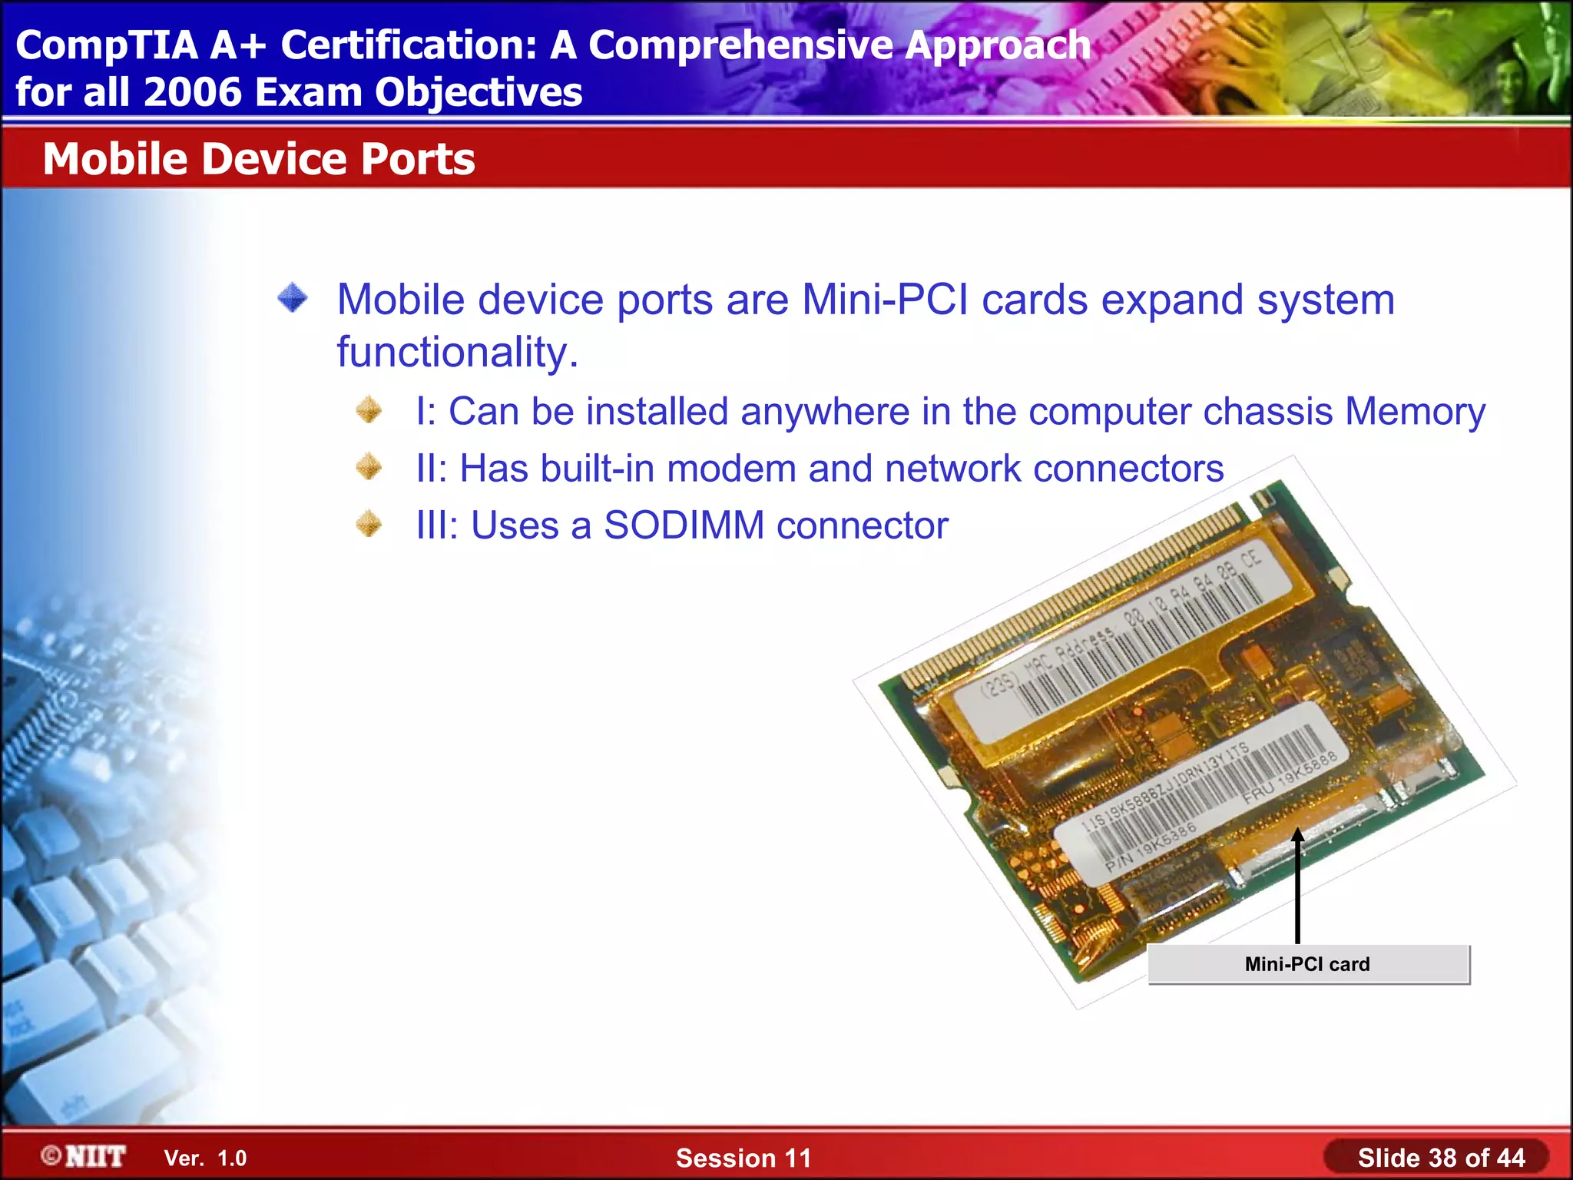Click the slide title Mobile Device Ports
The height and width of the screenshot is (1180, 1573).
tap(259, 159)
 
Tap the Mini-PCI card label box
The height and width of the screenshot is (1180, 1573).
tap(1308, 964)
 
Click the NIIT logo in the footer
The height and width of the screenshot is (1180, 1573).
tap(84, 1156)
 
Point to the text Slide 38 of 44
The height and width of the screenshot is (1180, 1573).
tap(1441, 1158)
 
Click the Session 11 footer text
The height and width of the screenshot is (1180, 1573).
tap(743, 1158)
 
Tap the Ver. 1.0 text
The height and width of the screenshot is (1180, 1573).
tap(205, 1158)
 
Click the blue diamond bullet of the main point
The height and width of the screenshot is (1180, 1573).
tap(293, 298)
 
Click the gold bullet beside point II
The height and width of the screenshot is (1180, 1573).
tap(369, 467)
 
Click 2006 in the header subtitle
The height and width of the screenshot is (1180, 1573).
tap(192, 93)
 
